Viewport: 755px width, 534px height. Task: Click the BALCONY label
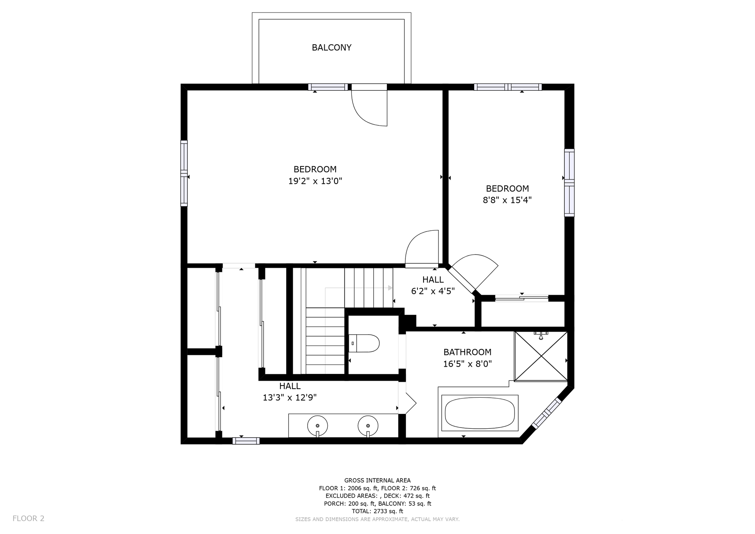coord(331,48)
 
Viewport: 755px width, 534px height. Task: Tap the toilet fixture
coord(364,343)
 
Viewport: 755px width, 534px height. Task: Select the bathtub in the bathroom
coord(479,413)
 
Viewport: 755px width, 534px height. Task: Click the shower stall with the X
coord(541,356)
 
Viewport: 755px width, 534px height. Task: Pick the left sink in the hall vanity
coord(317,426)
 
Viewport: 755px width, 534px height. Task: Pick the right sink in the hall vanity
coord(368,426)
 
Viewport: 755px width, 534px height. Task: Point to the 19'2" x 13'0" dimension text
coord(315,181)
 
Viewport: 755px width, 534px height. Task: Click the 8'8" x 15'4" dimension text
coord(507,200)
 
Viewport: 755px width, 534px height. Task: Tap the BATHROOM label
coord(467,352)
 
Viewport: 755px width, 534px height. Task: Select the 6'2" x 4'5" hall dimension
coord(433,291)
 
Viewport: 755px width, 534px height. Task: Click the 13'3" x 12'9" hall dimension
coord(290,398)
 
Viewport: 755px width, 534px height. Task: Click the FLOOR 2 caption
coord(28,519)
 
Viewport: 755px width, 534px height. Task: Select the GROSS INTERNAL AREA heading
coord(377,481)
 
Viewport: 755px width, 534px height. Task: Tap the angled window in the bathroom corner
coord(546,413)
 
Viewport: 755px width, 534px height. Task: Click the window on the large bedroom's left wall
coord(184,173)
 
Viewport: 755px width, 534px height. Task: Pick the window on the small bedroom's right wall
coord(569,183)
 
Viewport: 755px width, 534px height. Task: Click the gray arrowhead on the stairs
coord(390,288)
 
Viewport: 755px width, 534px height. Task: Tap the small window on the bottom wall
coord(246,441)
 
